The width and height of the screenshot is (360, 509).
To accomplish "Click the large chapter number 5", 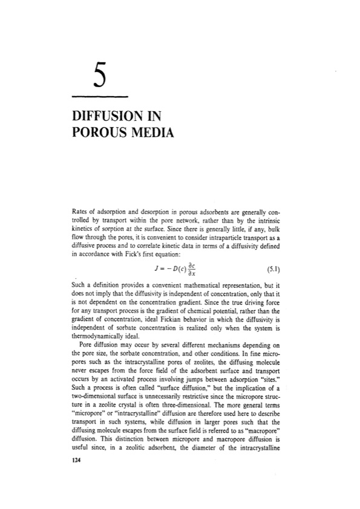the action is (x=100, y=77).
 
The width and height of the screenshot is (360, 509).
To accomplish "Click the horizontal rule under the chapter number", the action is (x=100, y=96).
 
